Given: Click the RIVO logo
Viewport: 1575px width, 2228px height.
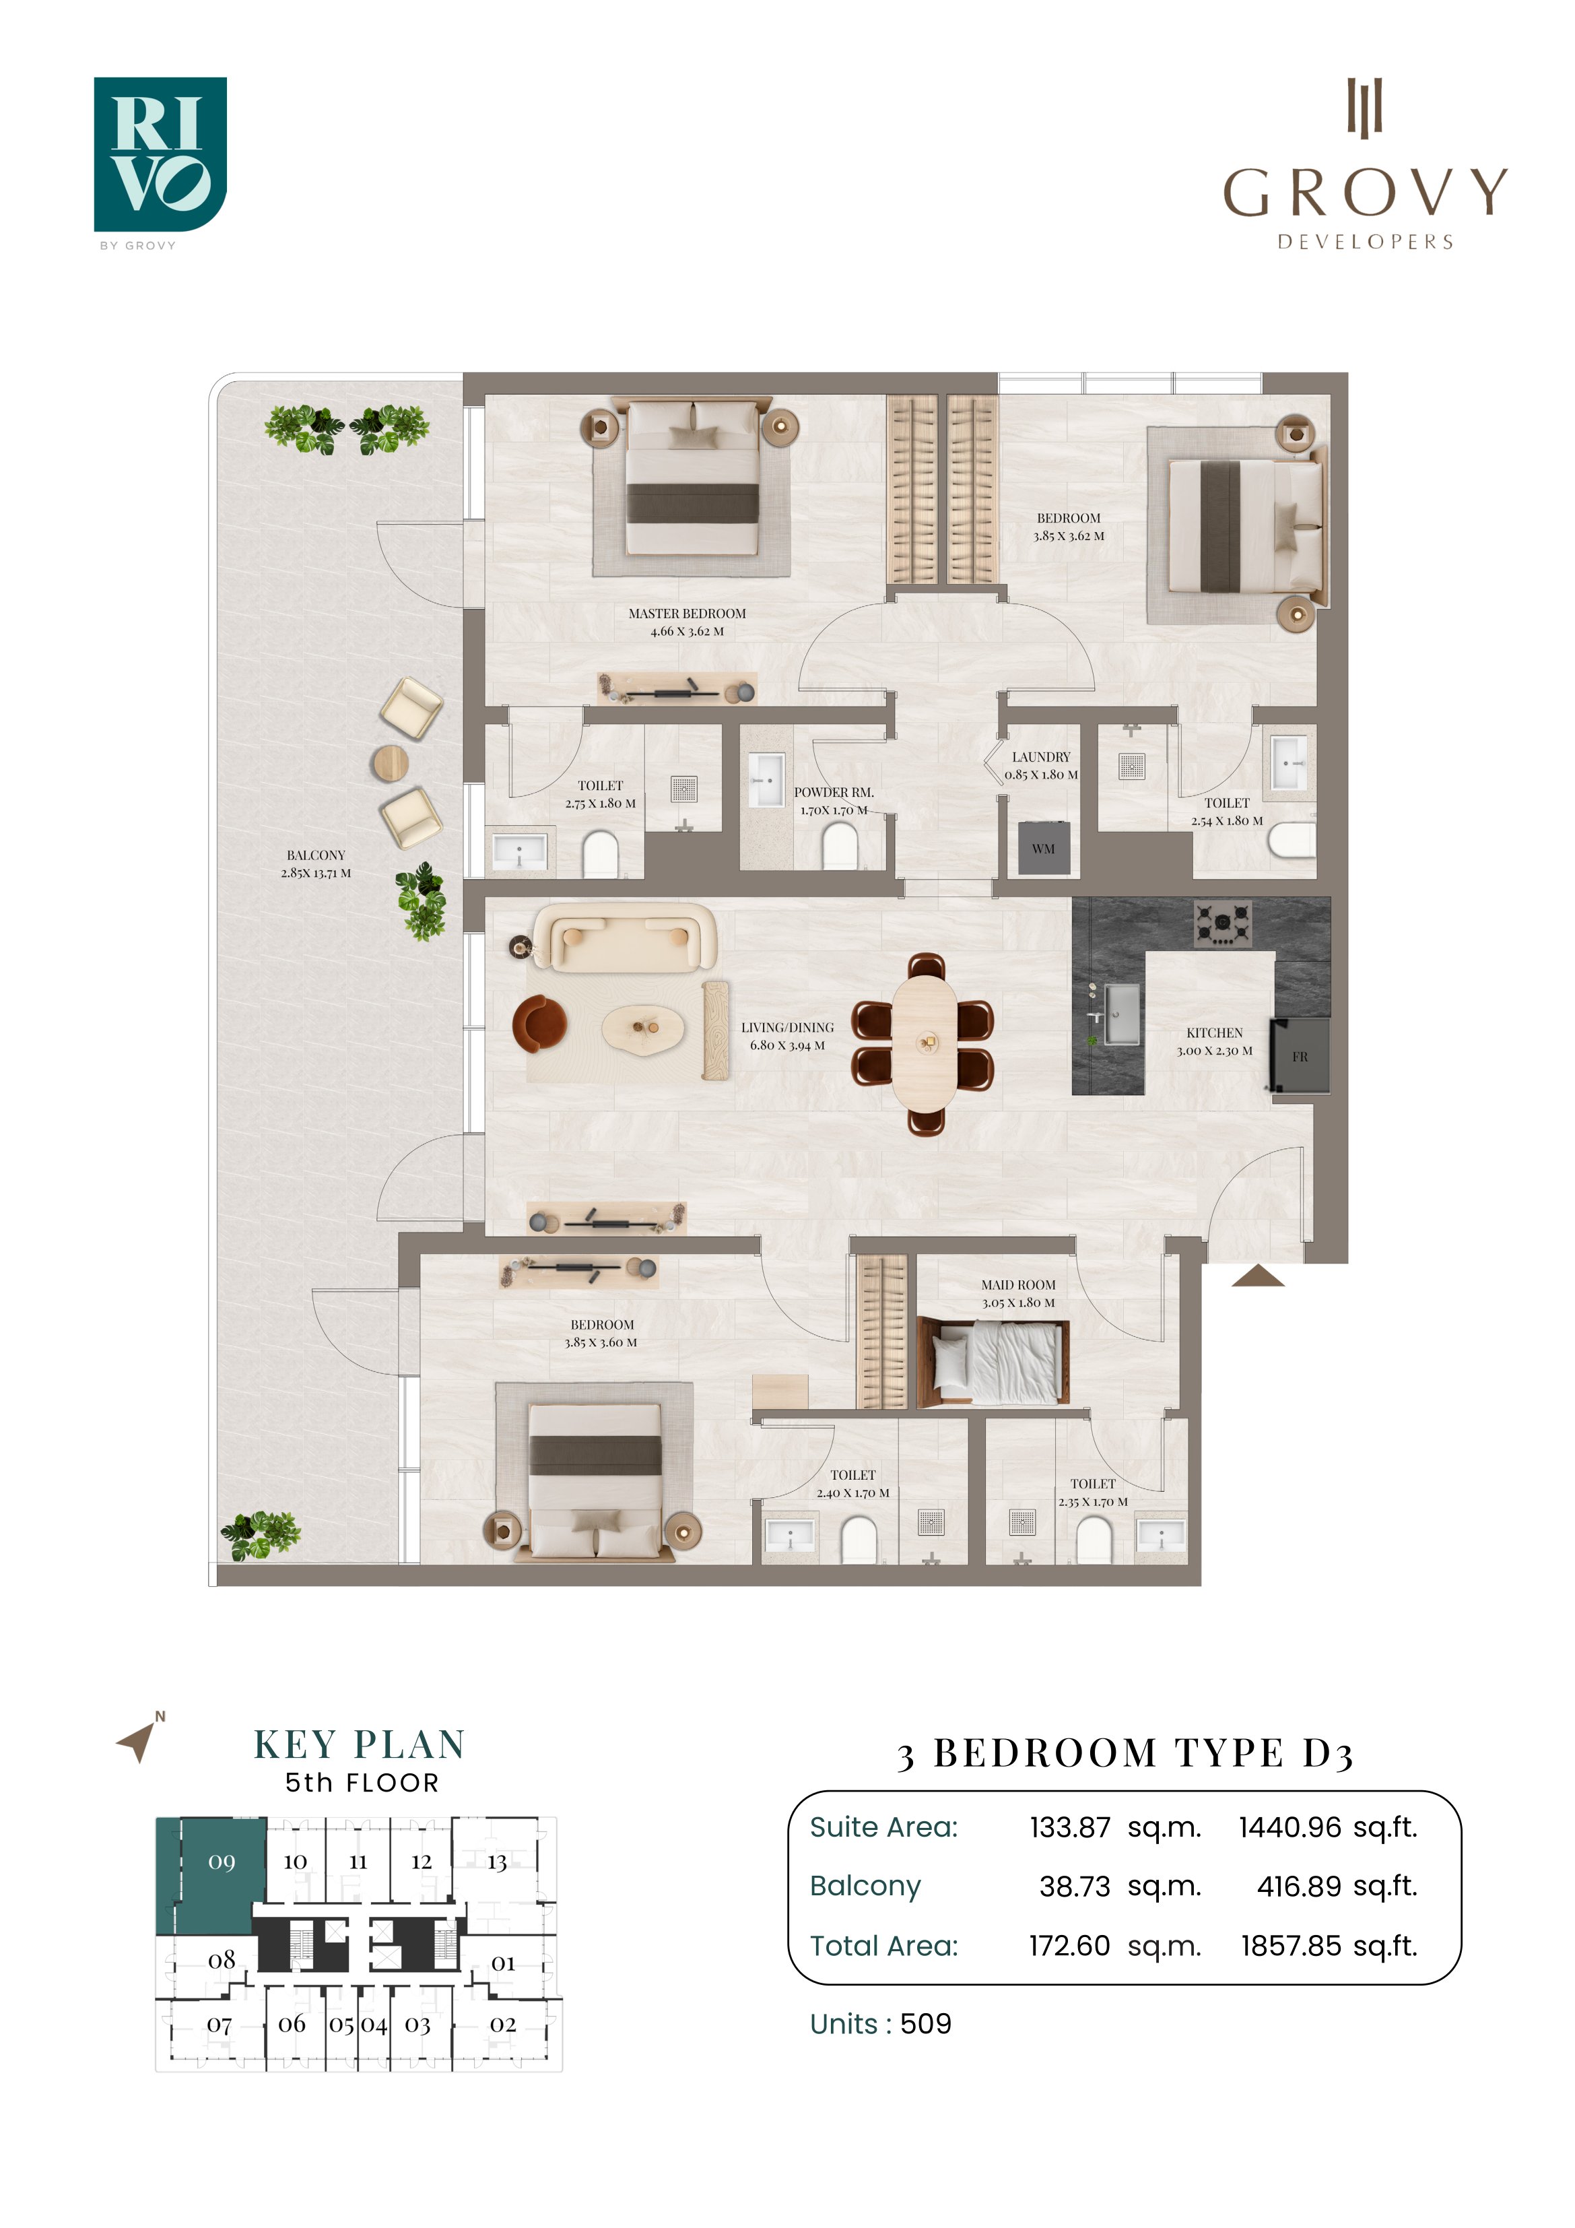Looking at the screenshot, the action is (x=160, y=156).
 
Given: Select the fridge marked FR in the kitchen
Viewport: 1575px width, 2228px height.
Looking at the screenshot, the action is (x=1300, y=1056).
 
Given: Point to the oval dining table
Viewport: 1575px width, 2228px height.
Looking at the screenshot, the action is (x=929, y=1043).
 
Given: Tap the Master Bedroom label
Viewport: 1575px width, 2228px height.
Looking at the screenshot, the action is (x=687, y=614).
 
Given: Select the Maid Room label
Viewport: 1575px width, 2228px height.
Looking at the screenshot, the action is (x=1018, y=1285).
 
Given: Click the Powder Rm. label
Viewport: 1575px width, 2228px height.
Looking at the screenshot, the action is (x=834, y=793).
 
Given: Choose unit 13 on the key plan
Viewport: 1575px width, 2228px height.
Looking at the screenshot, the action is (x=497, y=1862).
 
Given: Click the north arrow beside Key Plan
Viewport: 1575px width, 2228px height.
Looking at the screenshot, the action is (x=138, y=1741).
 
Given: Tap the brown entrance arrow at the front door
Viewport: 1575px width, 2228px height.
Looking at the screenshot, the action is (x=1258, y=1276).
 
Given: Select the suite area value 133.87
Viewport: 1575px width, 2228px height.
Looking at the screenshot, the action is (x=1069, y=1828).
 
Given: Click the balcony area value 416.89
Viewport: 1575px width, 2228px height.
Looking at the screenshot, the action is (x=1300, y=1887).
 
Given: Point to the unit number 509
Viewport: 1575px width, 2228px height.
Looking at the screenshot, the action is (x=926, y=2024).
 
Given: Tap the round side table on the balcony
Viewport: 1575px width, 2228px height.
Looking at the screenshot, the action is (x=392, y=764).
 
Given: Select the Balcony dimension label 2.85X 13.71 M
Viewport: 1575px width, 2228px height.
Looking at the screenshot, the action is (x=316, y=874).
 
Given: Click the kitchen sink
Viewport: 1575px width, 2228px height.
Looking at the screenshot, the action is (x=1121, y=1015).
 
